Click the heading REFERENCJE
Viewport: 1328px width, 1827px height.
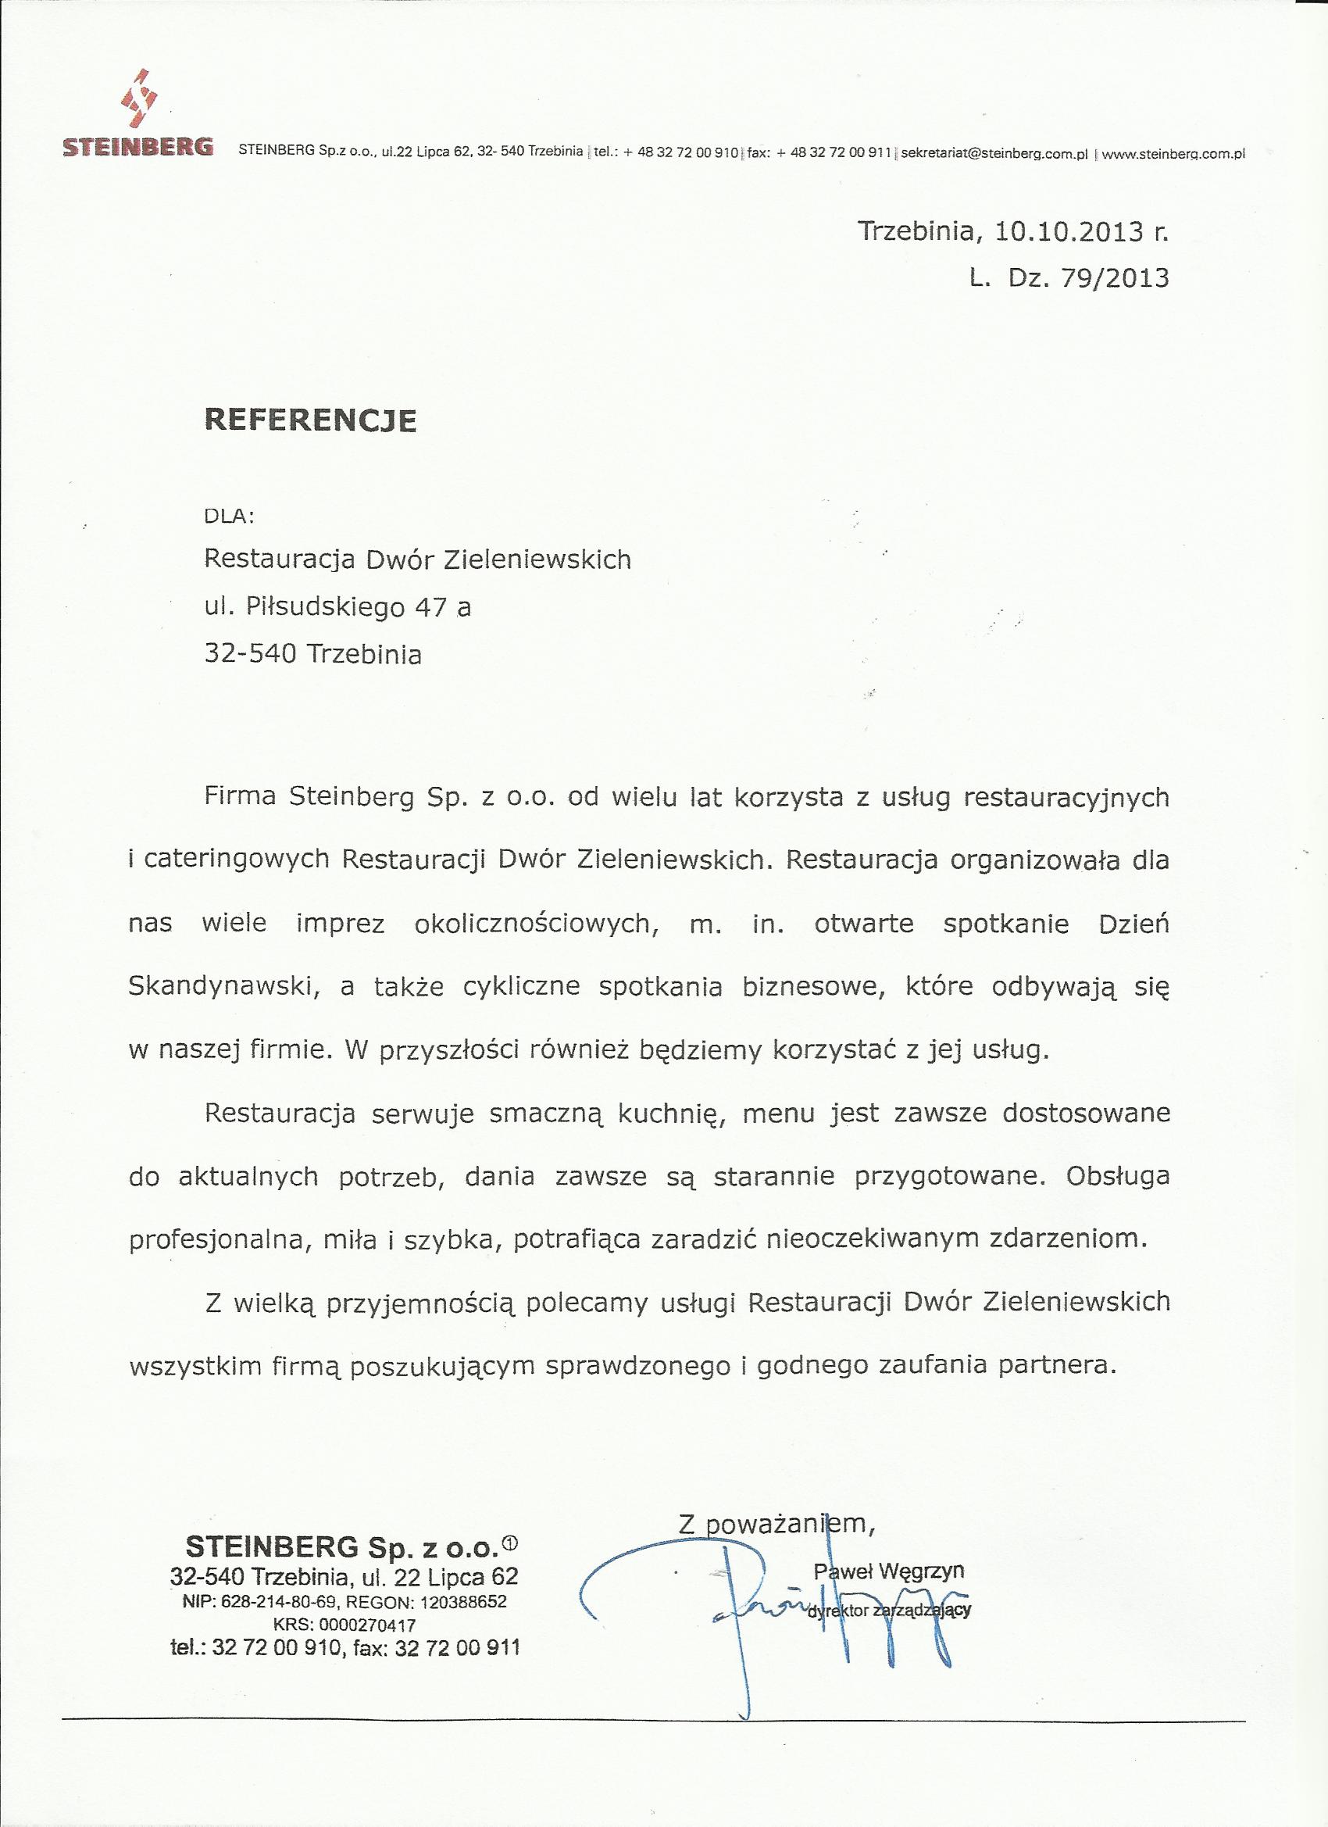coord(311,420)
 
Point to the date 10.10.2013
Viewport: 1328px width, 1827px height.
coord(1069,232)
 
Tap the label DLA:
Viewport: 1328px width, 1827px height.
coord(230,517)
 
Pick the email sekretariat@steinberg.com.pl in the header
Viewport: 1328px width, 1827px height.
coord(994,152)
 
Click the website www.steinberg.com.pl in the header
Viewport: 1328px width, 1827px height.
coord(1173,152)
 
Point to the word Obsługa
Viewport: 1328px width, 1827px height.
coord(1118,1176)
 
